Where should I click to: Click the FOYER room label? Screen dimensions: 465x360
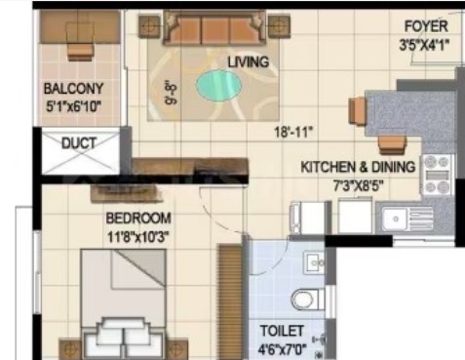426,26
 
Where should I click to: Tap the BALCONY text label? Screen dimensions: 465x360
73,89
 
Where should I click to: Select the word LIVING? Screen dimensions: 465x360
249,62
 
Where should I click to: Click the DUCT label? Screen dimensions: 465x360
79,142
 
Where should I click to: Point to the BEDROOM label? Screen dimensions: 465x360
138,218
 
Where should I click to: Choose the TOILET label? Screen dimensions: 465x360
282,331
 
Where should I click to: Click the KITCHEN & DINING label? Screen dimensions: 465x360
358,167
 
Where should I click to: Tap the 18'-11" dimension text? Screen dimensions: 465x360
293,133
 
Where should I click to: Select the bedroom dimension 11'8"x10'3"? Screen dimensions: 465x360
138,237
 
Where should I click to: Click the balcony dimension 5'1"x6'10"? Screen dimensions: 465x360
73,106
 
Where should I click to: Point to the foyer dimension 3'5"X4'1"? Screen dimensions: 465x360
424,45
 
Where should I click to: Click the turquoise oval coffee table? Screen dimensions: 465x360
218,85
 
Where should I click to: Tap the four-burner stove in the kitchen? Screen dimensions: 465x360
437,175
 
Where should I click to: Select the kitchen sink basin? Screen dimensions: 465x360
396,219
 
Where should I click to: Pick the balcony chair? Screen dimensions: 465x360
81,41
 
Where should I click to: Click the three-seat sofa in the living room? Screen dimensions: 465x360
214,28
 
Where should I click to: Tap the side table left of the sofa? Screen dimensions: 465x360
149,26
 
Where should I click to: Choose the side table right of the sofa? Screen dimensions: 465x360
279,26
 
